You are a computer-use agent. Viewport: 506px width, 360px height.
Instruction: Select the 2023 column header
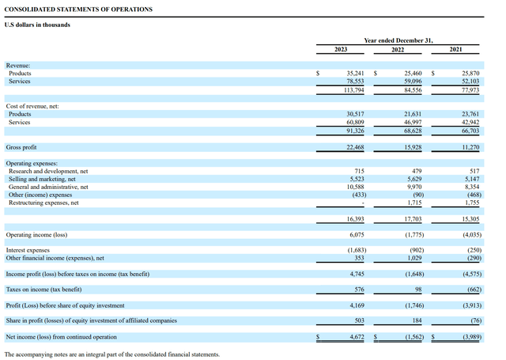[342, 49]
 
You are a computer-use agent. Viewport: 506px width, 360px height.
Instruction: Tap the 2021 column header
[456, 49]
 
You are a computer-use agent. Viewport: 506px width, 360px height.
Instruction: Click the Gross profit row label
[23, 147]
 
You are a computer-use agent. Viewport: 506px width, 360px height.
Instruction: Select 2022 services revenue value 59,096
[407, 81]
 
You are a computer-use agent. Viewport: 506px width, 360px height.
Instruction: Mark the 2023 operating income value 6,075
[353, 235]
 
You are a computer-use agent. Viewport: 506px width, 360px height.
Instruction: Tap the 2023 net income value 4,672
[353, 336]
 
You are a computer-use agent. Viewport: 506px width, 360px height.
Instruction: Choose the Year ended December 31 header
[398, 40]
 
